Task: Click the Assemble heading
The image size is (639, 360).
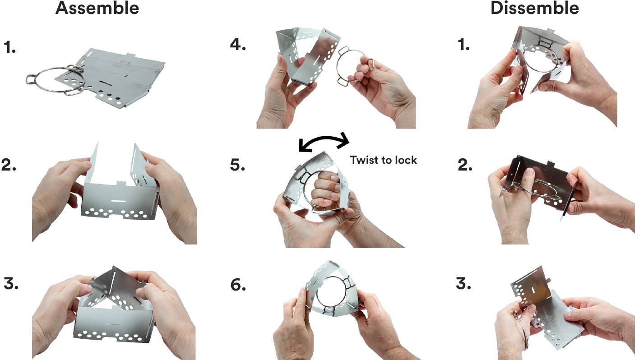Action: click(97, 8)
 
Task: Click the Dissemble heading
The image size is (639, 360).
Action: click(535, 8)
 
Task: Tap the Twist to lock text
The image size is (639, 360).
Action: click(384, 160)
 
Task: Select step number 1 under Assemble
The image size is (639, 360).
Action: click(9, 47)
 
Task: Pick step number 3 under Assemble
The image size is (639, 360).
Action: click(11, 284)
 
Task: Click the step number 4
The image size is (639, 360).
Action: click(238, 45)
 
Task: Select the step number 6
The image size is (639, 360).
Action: click(238, 285)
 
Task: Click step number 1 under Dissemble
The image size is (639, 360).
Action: click(464, 45)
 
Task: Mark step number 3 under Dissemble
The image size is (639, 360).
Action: click(463, 284)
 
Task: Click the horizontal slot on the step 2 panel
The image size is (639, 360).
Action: click(118, 201)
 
